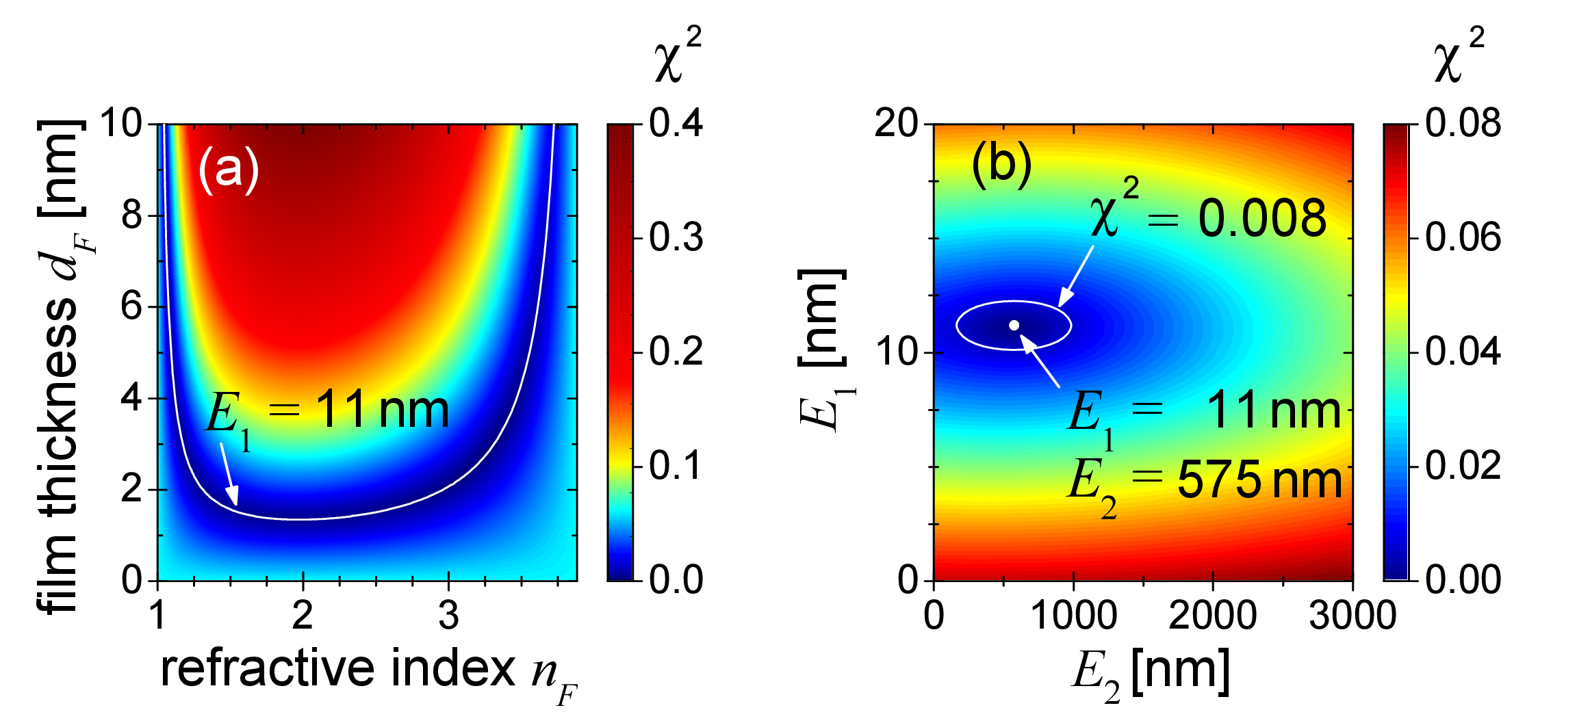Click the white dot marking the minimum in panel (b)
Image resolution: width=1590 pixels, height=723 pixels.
(x=1014, y=325)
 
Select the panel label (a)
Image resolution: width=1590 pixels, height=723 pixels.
(x=229, y=169)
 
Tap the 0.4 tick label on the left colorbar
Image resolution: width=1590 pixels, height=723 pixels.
(x=676, y=124)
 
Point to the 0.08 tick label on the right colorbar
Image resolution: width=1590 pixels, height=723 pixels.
(x=1463, y=124)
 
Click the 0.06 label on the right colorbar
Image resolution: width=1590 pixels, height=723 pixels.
(x=1463, y=238)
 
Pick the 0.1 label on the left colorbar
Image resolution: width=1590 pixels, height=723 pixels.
(x=676, y=466)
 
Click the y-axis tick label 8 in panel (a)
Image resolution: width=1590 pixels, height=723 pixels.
(x=131, y=215)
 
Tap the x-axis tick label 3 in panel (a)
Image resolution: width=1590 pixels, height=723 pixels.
(x=448, y=616)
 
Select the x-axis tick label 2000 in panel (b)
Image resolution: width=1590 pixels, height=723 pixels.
(x=1213, y=616)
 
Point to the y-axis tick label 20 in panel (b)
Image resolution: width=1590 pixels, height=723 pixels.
(x=896, y=124)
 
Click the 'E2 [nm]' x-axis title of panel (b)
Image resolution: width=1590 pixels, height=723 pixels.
(x=1150, y=674)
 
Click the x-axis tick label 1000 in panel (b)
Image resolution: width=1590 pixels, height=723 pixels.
(x=1073, y=616)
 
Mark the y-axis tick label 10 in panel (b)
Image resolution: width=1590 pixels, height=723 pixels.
(x=896, y=353)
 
